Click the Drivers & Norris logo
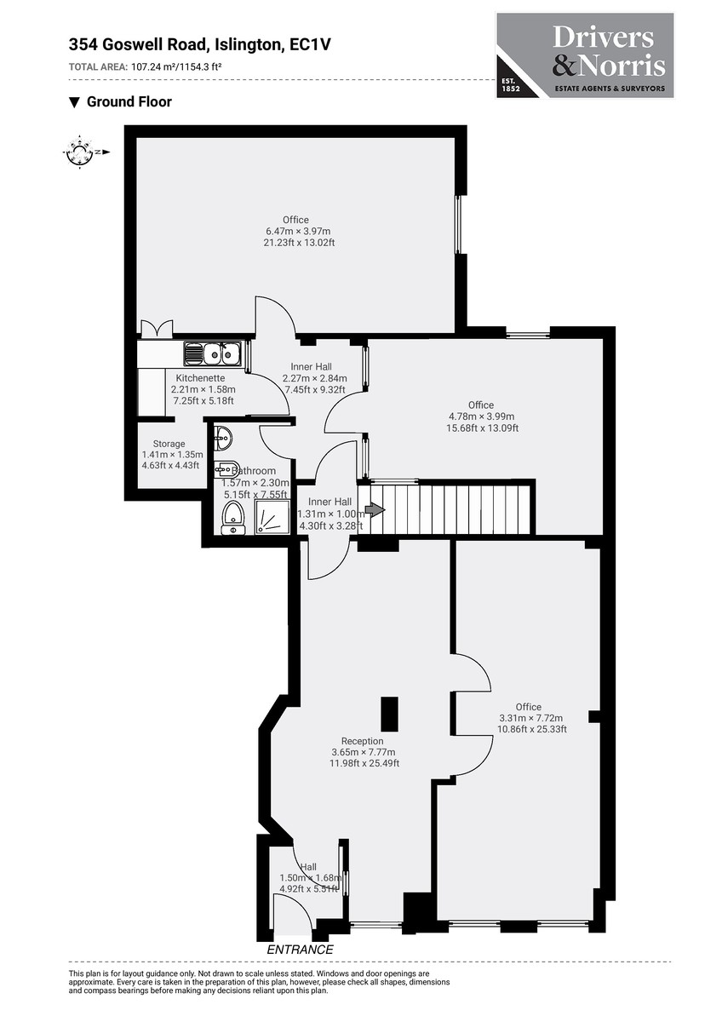point(584,55)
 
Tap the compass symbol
point(79,152)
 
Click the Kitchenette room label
point(200,377)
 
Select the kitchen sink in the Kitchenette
point(215,353)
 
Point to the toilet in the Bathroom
point(232,518)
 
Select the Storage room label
point(169,444)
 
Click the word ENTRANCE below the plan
point(300,950)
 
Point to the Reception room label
point(362,741)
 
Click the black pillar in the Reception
point(389,714)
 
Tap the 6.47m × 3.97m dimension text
point(296,231)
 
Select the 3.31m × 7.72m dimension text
point(530,718)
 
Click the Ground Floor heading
point(129,102)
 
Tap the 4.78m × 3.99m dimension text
point(481,416)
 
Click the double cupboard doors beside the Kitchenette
point(156,328)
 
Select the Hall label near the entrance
point(308,867)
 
